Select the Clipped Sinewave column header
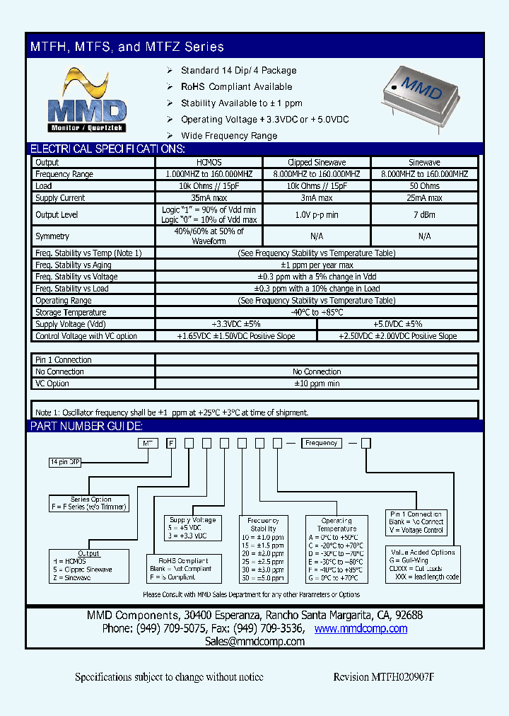[x=316, y=162]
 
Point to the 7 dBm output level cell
[x=424, y=214]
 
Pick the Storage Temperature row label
[x=71, y=312]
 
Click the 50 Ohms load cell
[x=424, y=186]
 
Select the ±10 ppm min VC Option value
[x=316, y=383]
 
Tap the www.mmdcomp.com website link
[x=361, y=628]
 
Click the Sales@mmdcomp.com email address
[x=255, y=642]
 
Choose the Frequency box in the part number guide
[x=322, y=443]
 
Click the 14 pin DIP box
[x=65, y=462]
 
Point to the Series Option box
[x=90, y=503]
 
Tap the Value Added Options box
[x=423, y=564]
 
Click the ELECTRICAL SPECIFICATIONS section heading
[x=107, y=149]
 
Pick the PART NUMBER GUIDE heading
[x=86, y=426]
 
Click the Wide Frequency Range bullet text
[x=229, y=136]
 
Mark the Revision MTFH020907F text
[x=383, y=677]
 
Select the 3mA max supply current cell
[x=316, y=198]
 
